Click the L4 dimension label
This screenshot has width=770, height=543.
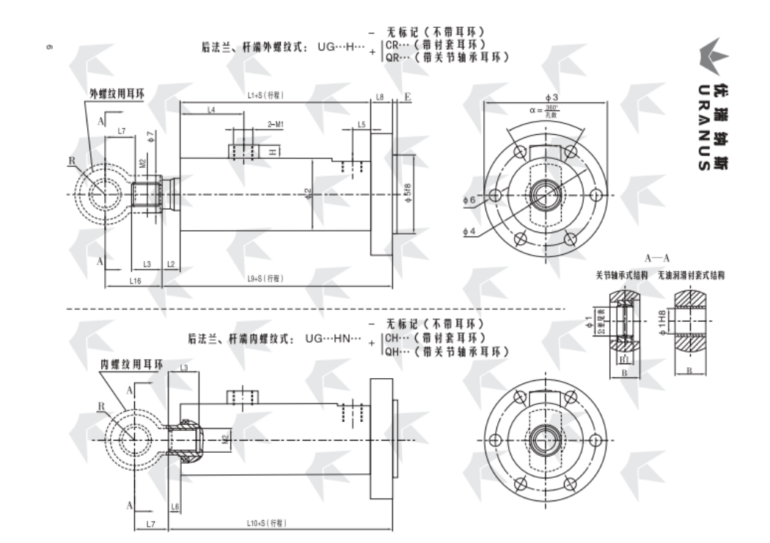210,110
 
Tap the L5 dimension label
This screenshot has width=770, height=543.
362,125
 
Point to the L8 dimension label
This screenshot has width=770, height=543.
380,97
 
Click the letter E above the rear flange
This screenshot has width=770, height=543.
407,97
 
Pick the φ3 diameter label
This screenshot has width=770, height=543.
551,97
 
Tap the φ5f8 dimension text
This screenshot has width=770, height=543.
408,195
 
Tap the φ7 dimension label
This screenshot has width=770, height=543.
151,136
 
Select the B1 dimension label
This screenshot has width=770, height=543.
624,360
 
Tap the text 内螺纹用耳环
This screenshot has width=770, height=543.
132,364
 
